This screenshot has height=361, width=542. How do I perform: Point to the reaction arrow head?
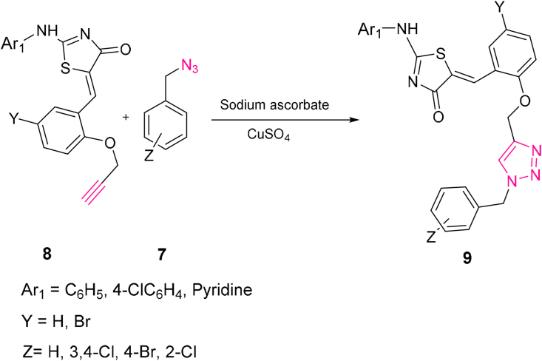point(333,124)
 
